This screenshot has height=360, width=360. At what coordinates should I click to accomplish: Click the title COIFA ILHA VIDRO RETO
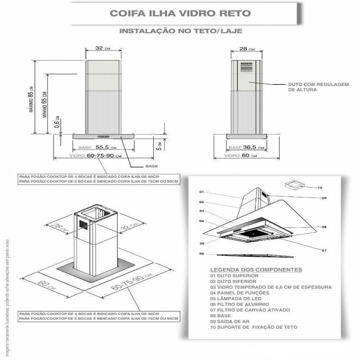[180, 13]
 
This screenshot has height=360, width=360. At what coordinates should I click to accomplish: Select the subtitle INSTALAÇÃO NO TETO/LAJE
[180, 31]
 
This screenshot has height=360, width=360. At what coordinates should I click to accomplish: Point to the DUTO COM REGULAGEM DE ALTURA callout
[318, 87]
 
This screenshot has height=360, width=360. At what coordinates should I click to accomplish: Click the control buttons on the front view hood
[104, 136]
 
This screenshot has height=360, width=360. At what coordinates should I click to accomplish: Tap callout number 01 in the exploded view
[202, 192]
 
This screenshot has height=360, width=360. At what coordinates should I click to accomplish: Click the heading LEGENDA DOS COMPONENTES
[256, 270]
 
